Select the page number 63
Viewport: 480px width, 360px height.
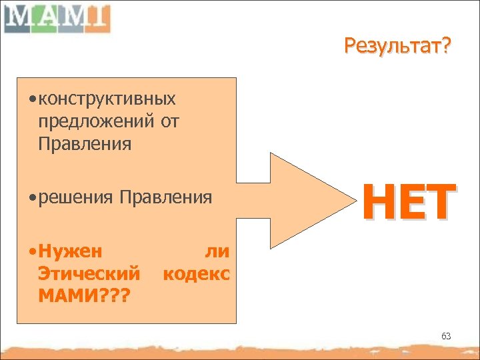click(446, 336)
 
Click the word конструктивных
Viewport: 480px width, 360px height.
click(107, 99)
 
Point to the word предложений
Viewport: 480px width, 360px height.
click(96, 121)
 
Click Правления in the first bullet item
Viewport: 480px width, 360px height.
click(85, 143)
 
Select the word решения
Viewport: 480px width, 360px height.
click(77, 197)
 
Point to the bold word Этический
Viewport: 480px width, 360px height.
click(89, 273)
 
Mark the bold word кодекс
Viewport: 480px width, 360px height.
click(197, 273)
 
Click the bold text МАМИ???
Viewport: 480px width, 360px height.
click(83, 294)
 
